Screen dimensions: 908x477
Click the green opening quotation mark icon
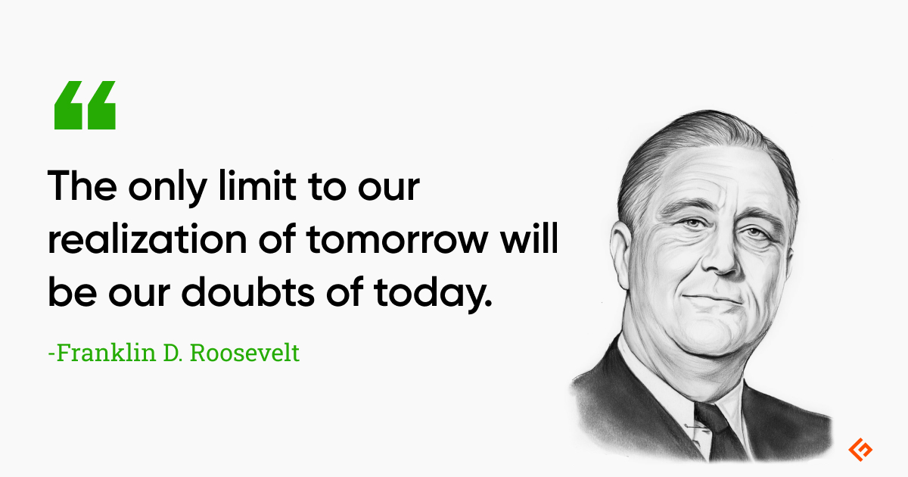coord(85,105)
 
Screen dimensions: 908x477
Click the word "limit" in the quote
coord(257,185)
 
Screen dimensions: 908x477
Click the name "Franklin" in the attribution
coord(106,353)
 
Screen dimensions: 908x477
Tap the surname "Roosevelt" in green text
coord(244,353)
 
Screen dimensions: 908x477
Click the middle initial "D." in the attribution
coord(173,353)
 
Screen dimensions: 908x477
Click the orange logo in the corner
coord(860,450)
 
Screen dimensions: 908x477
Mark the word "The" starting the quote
coord(82,185)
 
